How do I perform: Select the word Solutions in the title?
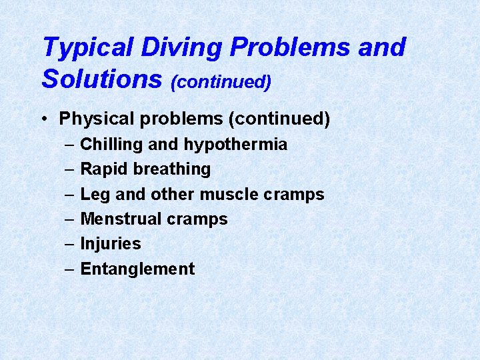[102, 79]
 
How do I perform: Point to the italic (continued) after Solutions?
[221, 82]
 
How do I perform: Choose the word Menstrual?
[121, 219]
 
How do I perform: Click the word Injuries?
[111, 243]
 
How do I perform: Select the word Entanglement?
[137, 269]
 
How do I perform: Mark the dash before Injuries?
[70, 243]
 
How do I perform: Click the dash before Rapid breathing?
[70, 169]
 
